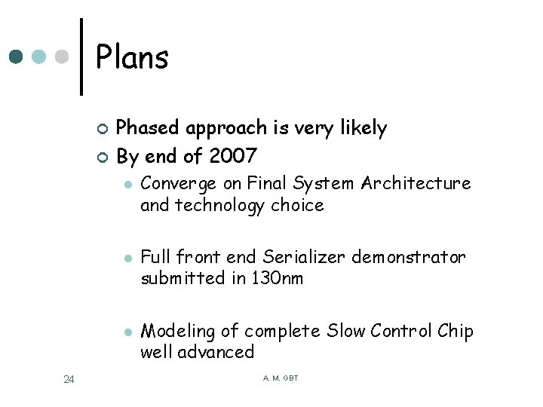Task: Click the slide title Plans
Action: click(132, 58)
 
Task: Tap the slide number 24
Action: click(69, 379)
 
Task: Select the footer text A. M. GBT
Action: click(281, 378)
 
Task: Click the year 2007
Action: click(234, 156)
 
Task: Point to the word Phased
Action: click(147, 128)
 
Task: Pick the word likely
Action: click(361, 128)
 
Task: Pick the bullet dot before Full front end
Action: click(128, 259)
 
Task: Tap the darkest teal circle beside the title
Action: click(17, 57)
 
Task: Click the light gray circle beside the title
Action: click(63, 57)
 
